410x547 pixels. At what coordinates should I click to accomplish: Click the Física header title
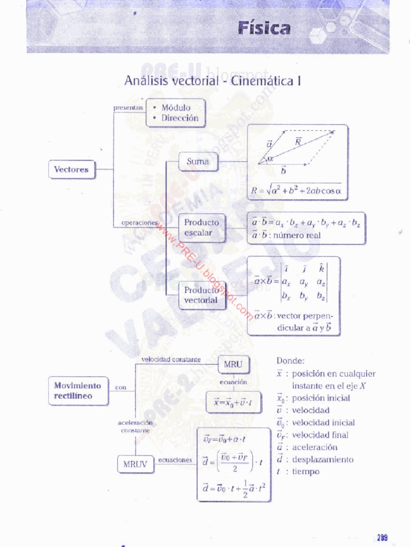264,28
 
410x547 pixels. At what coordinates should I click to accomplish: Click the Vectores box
71,169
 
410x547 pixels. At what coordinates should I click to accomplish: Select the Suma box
198,161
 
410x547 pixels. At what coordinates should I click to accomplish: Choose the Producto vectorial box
201,295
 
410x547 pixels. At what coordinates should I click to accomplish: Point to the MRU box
233,365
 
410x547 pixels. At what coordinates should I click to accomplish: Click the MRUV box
135,464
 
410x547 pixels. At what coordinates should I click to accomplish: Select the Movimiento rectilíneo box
77,390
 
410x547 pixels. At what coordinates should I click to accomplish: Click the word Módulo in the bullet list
176,107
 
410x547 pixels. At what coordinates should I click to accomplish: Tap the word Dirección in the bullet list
180,118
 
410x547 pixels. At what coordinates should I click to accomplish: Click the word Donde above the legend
290,361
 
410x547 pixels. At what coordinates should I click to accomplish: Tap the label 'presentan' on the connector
128,107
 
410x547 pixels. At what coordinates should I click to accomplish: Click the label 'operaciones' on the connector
139,222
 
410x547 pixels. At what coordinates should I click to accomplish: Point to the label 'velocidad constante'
171,360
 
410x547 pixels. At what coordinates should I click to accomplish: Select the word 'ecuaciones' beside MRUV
175,459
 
